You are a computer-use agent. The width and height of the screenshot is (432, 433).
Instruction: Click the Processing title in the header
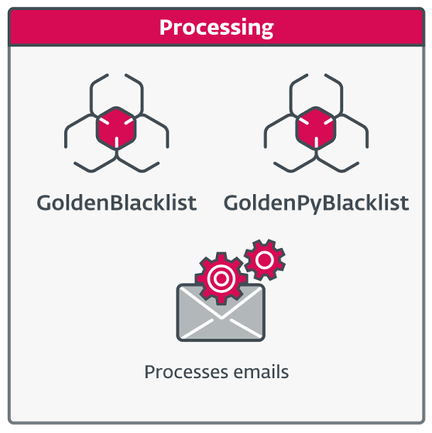[x=217, y=28]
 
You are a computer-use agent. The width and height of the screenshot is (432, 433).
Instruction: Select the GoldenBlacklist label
[x=117, y=203]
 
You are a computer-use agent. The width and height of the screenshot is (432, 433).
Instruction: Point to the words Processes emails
[x=217, y=372]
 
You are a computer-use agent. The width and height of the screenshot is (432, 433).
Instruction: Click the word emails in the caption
[x=261, y=372]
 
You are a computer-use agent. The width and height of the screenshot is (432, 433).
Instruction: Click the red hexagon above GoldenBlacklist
[x=116, y=128]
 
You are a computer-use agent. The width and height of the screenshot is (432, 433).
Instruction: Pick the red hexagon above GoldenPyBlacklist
[x=316, y=128]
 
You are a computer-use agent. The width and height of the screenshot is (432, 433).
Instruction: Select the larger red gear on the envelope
[x=221, y=278]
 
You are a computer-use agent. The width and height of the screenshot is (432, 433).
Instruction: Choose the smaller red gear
[x=265, y=260]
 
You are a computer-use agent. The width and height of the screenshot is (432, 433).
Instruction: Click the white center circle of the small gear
[x=265, y=260]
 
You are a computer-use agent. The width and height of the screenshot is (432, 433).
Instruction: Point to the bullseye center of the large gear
[x=221, y=278]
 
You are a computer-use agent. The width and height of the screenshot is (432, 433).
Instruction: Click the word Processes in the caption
[x=187, y=372]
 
